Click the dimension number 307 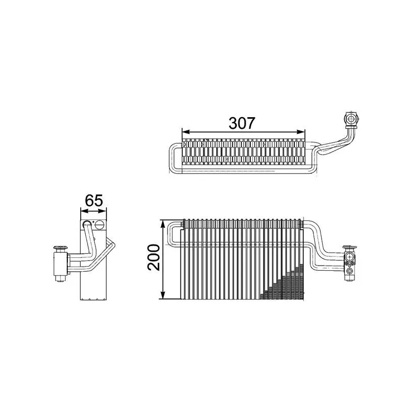coord(241,123)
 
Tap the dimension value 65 coord(94,200)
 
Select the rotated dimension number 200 coord(154,257)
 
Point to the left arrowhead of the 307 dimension coord(185,132)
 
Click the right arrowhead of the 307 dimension coord(301,132)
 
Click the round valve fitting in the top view coord(350,119)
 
